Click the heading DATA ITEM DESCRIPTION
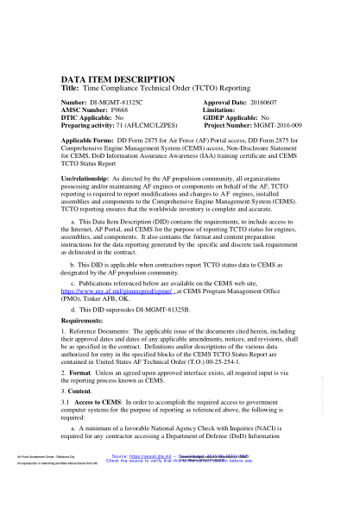click(x=118, y=77)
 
